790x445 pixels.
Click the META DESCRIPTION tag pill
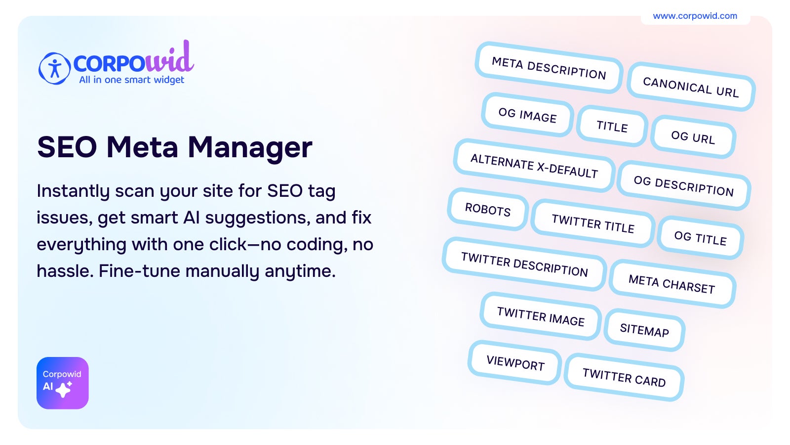pyautogui.click(x=549, y=68)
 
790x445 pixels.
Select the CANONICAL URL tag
pyautogui.click(x=691, y=87)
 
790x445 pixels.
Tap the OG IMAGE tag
pyautogui.click(x=527, y=115)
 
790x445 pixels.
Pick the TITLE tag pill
pyautogui.click(x=612, y=126)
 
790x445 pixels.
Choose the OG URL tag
pyautogui.click(x=693, y=137)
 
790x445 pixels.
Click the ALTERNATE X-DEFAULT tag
pyautogui.click(x=534, y=166)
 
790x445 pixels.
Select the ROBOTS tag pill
pyautogui.click(x=488, y=209)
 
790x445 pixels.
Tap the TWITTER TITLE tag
pyautogui.click(x=593, y=223)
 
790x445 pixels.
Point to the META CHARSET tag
pyautogui.click(x=672, y=284)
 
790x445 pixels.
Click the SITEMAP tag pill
pyautogui.click(x=644, y=330)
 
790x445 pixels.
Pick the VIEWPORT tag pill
pyautogui.click(x=515, y=362)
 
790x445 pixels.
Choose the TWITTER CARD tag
pyautogui.click(x=624, y=377)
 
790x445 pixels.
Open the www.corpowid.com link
pyautogui.click(x=695, y=16)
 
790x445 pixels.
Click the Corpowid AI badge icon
pyautogui.click(x=62, y=383)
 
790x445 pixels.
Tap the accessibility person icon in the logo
pyautogui.click(x=54, y=68)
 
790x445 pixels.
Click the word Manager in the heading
pyautogui.click(x=250, y=148)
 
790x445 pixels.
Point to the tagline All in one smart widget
pyautogui.click(x=131, y=80)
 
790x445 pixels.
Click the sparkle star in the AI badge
pyautogui.click(x=64, y=389)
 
